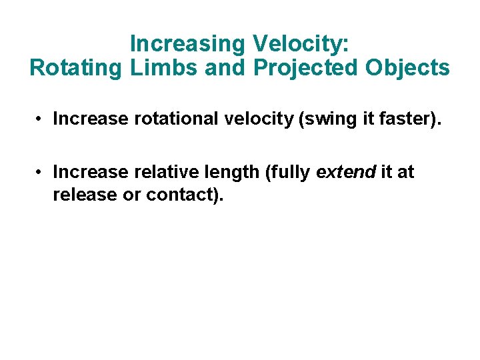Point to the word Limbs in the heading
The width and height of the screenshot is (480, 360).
point(153,68)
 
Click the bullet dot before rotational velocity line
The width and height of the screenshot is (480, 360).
point(41,119)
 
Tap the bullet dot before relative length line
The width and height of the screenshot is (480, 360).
point(41,173)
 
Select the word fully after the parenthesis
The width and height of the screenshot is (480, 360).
point(290,173)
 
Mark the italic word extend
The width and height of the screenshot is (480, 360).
point(346,173)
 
